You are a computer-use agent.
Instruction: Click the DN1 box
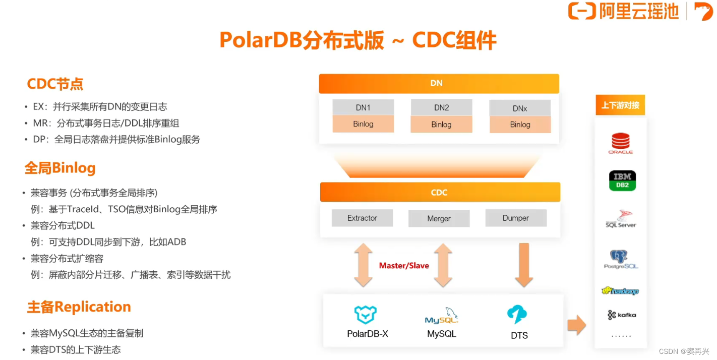[x=363, y=107]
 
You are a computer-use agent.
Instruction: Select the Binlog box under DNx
[x=520, y=125]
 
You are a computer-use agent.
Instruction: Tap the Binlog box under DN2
[x=441, y=125]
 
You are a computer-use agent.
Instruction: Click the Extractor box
[x=362, y=218]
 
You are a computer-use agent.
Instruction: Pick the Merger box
[x=439, y=219]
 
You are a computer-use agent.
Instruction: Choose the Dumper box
[x=515, y=218]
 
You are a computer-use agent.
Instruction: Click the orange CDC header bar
[x=440, y=192]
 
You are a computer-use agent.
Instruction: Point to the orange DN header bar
[x=439, y=83]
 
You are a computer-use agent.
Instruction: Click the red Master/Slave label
[x=404, y=266]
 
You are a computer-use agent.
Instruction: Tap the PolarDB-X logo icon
[x=366, y=315]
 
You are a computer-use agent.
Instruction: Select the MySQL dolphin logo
[x=442, y=316]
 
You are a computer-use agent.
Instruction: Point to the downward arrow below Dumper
[x=524, y=265]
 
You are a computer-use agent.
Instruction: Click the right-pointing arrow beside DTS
[x=576, y=325]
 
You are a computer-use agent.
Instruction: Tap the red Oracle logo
[x=620, y=143]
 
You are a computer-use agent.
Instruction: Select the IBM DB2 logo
[x=622, y=181]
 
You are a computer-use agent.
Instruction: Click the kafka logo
[x=622, y=315]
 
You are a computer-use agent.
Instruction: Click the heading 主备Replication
[x=79, y=307]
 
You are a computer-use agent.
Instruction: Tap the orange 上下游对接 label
[x=620, y=105]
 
